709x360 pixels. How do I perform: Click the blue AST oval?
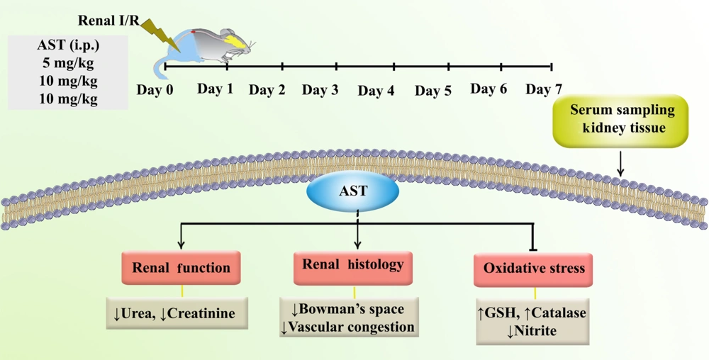pos(352,191)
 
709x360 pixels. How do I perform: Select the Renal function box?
pos(181,267)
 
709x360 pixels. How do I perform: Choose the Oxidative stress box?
pos(534,269)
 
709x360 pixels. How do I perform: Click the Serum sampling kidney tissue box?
pos(620,120)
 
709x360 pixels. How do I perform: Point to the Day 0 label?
pos(155,90)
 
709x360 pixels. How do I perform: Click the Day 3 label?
pos(320,90)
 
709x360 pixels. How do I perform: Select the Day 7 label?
pos(544,89)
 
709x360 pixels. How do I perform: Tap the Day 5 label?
pos(433,91)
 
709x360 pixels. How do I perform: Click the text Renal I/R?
pos(108,21)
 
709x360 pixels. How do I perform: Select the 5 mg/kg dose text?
pos(68,63)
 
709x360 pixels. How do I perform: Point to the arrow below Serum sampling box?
pos(620,164)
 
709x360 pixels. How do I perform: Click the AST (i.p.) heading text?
pos(68,45)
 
